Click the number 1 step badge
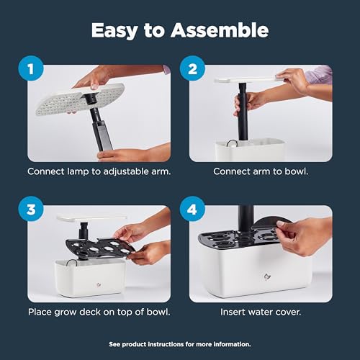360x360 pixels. click(x=30, y=71)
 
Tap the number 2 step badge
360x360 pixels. click(x=193, y=71)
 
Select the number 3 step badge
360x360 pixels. click(x=30, y=210)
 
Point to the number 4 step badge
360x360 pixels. click(x=193, y=210)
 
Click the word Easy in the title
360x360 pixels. click(x=115, y=30)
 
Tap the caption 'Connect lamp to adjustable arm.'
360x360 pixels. click(x=99, y=173)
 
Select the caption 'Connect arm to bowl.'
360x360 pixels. click(x=261, y=173)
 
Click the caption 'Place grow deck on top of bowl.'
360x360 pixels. click(x=99, y=312)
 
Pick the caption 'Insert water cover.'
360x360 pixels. click(x=261, y=312)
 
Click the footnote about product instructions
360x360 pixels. click(x=180, y=344)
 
